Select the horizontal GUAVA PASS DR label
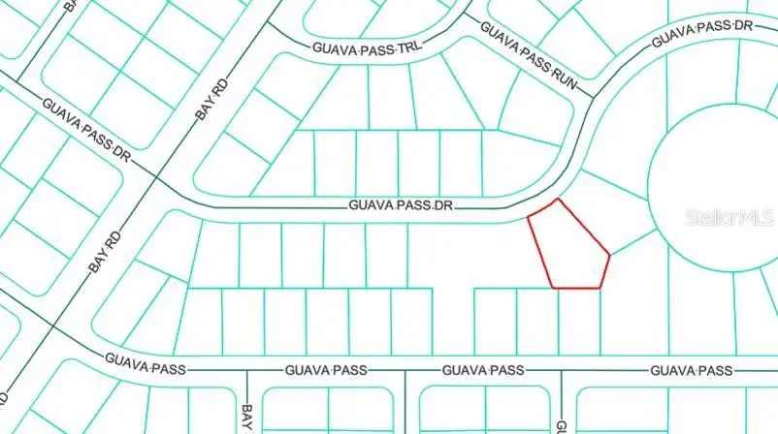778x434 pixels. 402,205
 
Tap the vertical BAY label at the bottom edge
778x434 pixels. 247,418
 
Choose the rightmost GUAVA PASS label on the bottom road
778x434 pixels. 691,370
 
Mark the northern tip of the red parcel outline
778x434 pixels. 558,200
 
